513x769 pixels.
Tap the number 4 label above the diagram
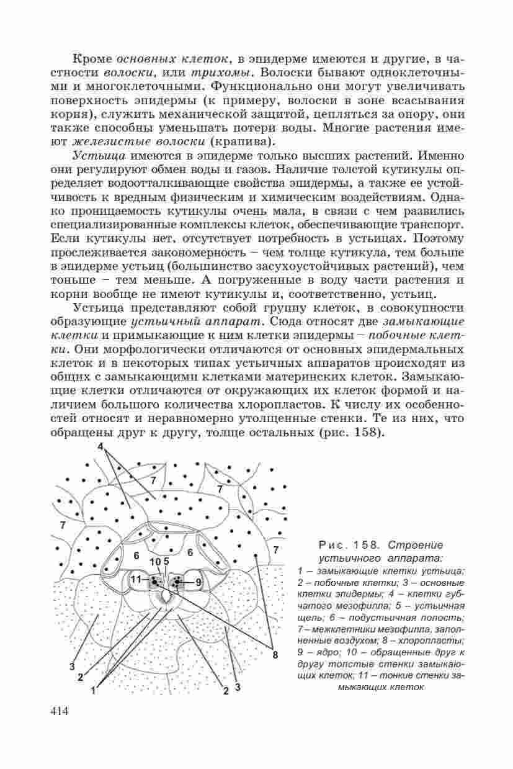pyautogui.click(x=100, y=447)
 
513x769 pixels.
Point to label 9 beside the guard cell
pyautogui.click(x=198, y=582)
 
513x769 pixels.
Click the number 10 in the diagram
pyautogui.click(x=155, y=562)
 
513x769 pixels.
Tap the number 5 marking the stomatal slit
pyautogui.click(x=166, y=562)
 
